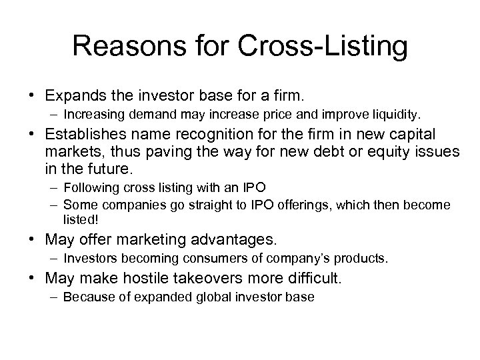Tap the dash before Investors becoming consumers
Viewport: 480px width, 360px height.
coord(54,257)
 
